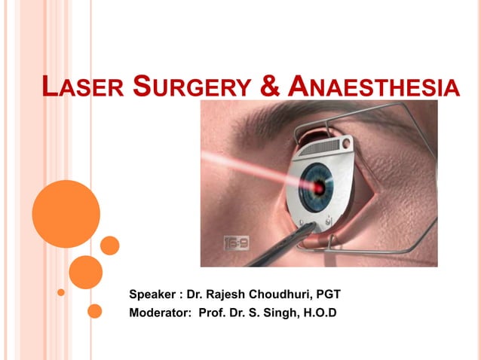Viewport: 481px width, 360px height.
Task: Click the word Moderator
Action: point(160,312)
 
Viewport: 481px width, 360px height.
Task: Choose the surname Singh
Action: point(276,312)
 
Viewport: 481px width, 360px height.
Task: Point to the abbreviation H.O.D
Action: point(318,312)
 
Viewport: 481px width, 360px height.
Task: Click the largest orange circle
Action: point(66,214)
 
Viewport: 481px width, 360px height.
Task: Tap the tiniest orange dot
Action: point(61,291)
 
